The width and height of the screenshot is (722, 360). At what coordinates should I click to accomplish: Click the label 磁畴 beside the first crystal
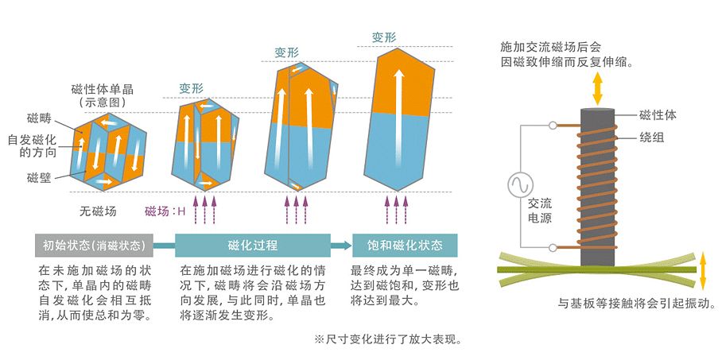(39, 118)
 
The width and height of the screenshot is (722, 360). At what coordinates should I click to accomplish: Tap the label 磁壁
(39, 176)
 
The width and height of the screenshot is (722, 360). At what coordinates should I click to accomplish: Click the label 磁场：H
(165, 211)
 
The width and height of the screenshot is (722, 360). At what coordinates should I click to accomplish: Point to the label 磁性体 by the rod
(657, 115)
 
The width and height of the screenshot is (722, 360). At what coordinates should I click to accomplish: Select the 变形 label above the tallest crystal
(384, 37)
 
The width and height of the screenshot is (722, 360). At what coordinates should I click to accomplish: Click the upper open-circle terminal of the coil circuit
(552, 125)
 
